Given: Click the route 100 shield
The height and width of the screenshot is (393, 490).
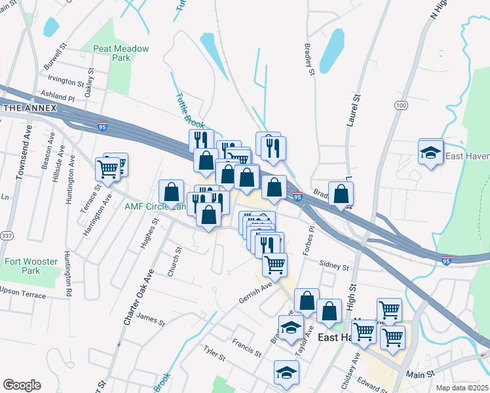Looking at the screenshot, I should tap(402, 105).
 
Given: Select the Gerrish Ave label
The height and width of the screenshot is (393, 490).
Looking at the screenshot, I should tap(255, 292).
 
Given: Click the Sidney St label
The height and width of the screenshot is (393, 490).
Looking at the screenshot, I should tap(334, 267).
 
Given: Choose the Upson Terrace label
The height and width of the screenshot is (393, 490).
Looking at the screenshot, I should tap(23, 293).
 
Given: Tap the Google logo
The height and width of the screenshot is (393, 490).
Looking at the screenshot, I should tap(22, 385).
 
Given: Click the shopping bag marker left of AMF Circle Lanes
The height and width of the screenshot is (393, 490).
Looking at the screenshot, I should tap(171, 192).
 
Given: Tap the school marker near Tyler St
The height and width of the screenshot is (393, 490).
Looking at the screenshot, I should tap(286, 373).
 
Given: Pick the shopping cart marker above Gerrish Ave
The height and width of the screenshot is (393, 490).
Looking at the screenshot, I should tap(274, 264).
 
